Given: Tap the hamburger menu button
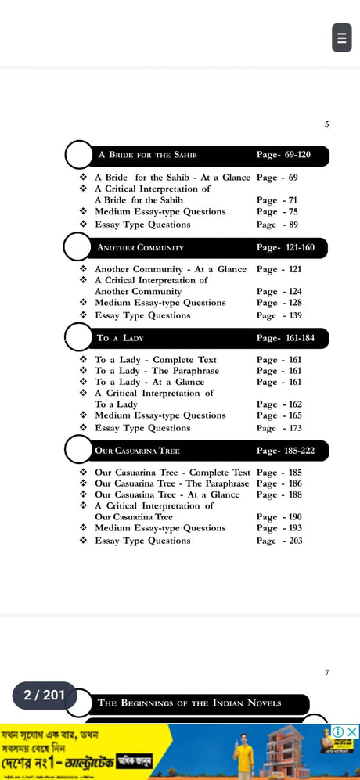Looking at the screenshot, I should (x=341, y=38).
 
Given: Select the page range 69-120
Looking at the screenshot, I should (x=283, y=155).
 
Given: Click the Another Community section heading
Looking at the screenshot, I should (x=140, y=247).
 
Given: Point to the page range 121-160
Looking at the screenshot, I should (x=285, y=247).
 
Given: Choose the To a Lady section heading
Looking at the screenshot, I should (x=120, y=338).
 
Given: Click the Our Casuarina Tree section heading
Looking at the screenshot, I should (x=137, y=451).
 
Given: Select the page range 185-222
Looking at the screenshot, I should (x=285, y=451).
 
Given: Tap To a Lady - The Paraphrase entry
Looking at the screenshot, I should (x=157, y=371).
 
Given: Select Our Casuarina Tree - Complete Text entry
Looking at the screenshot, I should (x=172, y=473).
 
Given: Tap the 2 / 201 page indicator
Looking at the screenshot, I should (x=44, y=695).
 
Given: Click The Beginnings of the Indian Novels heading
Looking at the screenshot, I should (x=189, y=703).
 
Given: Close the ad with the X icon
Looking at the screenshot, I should (x=352, y=731).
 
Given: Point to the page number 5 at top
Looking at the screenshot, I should (x=326, y=124).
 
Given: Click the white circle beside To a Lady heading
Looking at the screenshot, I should (x=79, y=338).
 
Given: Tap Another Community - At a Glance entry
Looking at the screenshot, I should (x=170, y=269).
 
